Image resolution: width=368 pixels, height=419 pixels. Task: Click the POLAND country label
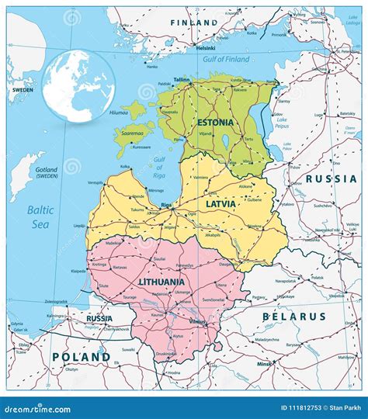coord(80,357)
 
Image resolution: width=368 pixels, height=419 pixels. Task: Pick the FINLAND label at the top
coord(195,23)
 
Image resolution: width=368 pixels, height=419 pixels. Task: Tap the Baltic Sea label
coord(39,216)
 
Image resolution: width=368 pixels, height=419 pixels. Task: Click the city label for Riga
coord(165,205)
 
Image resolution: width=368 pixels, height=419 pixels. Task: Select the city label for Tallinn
coord(182,79)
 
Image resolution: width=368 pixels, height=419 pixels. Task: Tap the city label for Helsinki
coord(205,48)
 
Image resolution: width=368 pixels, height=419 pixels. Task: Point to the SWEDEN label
coord(21,90)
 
